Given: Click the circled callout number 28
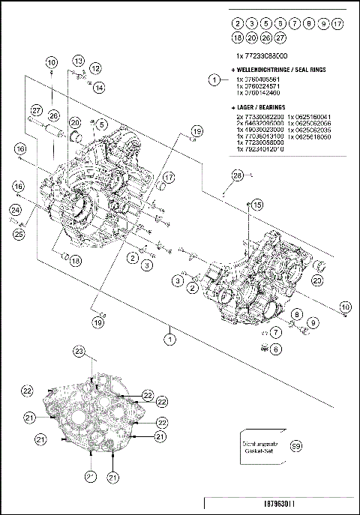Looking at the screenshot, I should [237, 175].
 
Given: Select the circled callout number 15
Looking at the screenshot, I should [256, 205].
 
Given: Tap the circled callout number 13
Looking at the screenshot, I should [79, 60].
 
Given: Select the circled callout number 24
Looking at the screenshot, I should [16, 211].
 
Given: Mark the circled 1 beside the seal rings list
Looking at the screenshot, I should [214, 79].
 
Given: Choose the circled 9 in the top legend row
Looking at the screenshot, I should [324, 25].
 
